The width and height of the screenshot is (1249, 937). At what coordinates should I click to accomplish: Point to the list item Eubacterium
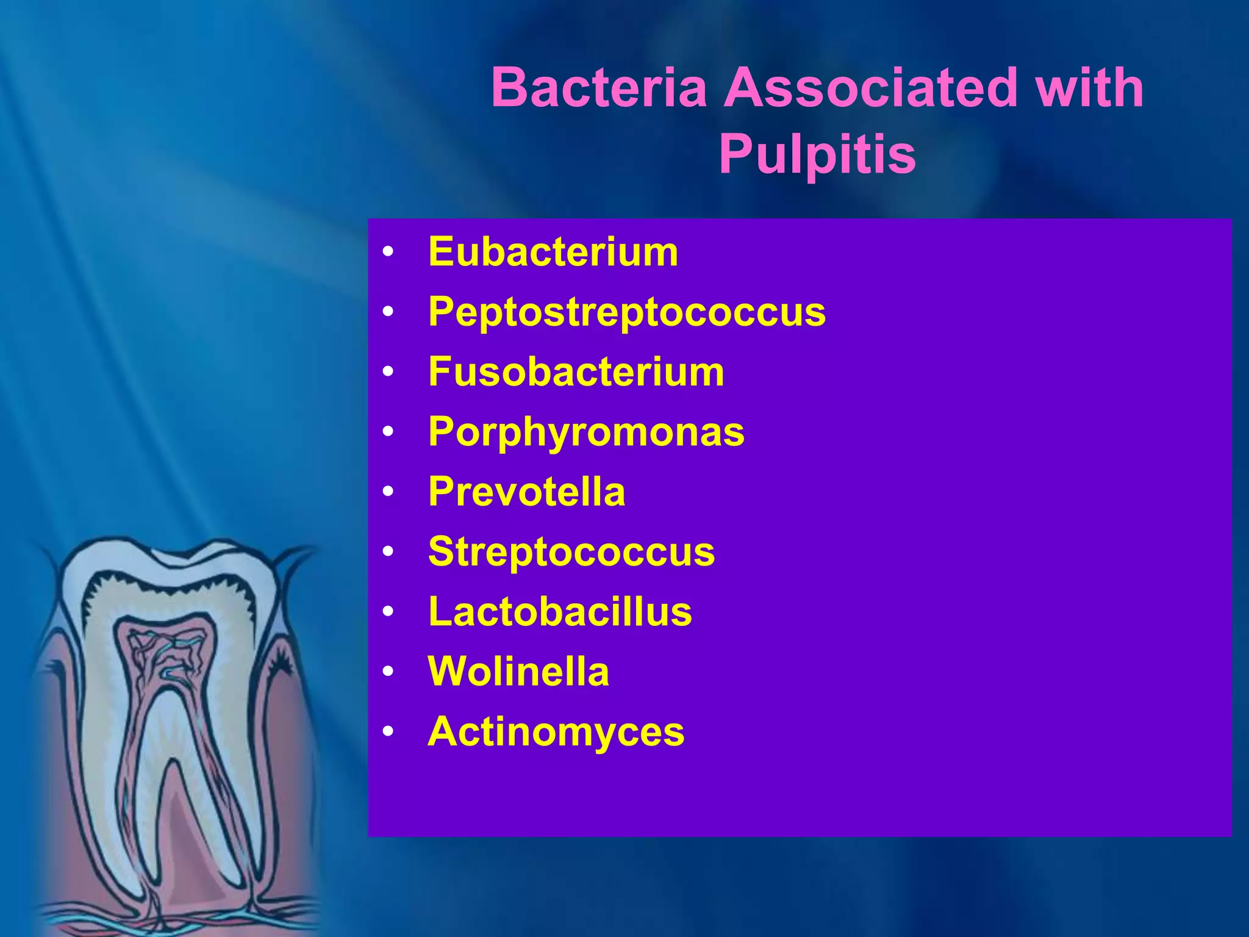point(553,251)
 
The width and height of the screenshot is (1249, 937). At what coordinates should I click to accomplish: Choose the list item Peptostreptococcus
point(627,312)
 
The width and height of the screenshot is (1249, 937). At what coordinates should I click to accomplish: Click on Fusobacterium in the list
point(576,372)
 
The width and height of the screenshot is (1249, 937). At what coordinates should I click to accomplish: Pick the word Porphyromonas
point(586,432)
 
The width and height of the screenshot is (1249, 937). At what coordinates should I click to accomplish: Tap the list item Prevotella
point(527,492)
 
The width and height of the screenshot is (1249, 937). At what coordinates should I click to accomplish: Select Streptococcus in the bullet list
point(571,551)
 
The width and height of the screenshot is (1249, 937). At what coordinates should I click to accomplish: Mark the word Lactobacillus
point(560,611)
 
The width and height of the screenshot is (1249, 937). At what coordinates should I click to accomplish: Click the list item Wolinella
point(518,672)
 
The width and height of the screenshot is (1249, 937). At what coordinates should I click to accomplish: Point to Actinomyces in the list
point(556,731)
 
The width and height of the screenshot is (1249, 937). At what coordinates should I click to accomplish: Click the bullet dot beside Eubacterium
point(388,252)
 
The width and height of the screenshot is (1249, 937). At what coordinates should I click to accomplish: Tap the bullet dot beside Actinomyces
point(388,731)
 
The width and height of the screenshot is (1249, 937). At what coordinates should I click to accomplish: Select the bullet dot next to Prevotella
point(388,492)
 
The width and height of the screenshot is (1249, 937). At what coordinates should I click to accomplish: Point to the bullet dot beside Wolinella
point(388,672)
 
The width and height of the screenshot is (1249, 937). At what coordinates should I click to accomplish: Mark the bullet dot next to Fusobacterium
point(388,372)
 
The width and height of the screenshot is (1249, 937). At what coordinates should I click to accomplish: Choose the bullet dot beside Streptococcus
point(388,551)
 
